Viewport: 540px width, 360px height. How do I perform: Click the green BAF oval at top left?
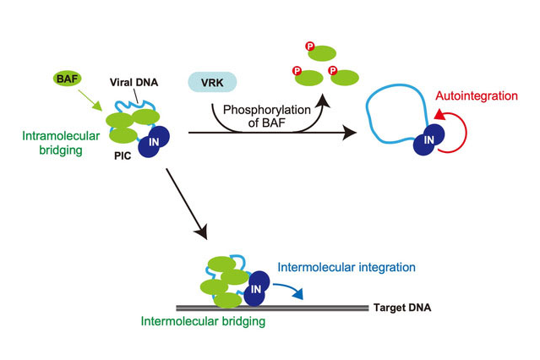tap(65, 79)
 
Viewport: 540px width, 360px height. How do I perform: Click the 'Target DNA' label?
tap(402, 306)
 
